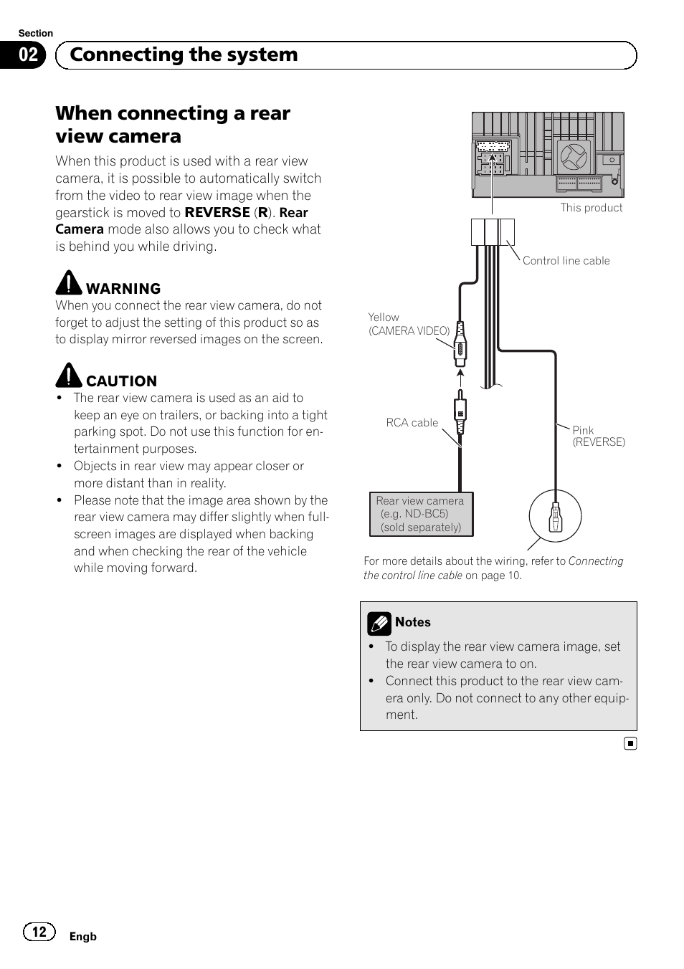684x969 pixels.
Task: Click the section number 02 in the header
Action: (x=28, y=55)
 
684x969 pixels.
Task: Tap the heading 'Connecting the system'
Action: (x=184, y=55)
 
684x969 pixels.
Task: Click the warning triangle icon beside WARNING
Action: (x=69, y=283)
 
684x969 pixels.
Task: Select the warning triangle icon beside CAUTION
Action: (x=69, y=376)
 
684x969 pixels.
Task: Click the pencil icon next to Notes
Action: (x=379, y=624)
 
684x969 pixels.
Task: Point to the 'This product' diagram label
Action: (x=591, y=208)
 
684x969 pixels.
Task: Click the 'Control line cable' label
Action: (x=566, y=261)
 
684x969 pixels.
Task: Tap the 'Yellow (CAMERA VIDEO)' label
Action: (x=409, y=324)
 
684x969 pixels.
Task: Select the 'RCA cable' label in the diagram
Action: (x=412, y=423)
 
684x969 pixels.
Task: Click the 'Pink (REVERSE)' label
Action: (x=598, y=436)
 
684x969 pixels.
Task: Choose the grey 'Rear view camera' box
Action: (x=421, y=514)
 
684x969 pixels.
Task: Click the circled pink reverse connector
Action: (x=555, y=516)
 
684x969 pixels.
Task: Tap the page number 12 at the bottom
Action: (x=39, y=932)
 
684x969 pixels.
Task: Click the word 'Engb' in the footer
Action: (x=82, y=937)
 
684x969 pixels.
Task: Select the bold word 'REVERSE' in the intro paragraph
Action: (x=217, y=213)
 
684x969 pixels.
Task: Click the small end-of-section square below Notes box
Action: (x=630, y=744)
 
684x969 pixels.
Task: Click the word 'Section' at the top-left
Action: (x=35, y=34)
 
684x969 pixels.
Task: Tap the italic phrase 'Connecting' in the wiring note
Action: (x=596, y=561)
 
